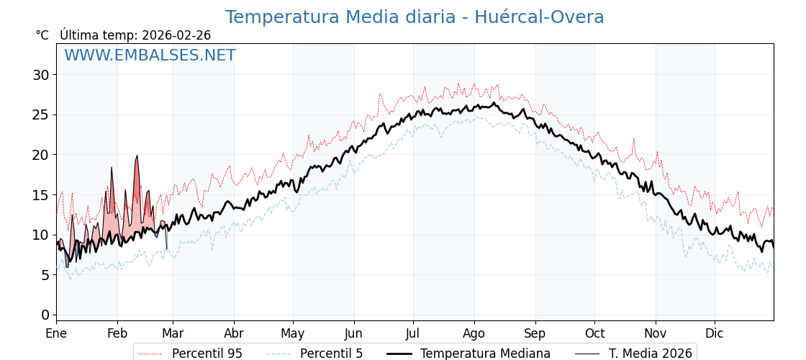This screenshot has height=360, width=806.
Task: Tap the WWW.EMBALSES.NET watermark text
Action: point(150,56)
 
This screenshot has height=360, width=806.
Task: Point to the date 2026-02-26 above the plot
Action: point(176,35)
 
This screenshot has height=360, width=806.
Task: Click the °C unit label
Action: point(42,35)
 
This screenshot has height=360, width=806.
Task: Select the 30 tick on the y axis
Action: point(40,75)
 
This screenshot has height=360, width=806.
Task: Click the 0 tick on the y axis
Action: point(45,315)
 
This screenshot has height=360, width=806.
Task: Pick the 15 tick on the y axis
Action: point(40,195)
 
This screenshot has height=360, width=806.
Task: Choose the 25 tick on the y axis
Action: point(40,114)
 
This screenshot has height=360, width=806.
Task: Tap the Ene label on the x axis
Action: point(56,334)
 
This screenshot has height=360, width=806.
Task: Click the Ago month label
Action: point(474,334)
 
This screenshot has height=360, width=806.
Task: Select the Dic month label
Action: point(715,334)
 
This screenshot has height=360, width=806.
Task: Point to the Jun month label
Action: point(353,334)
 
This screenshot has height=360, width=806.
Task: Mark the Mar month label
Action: point(173,334)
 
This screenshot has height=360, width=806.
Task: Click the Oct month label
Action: point(594,334)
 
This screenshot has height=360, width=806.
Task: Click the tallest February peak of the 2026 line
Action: point(137,156)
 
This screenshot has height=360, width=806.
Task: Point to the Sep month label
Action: point(535,334)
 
